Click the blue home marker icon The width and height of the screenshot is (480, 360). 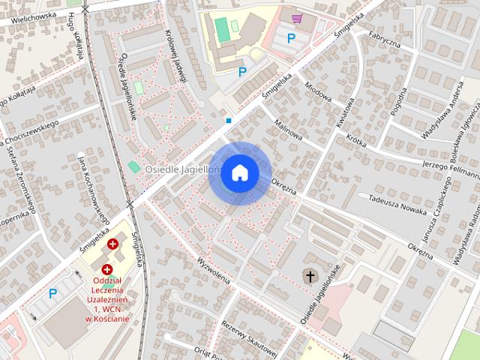pyautogui.click(x=240, y=172)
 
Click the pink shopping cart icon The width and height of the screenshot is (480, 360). pyautogui.click(x=297, y=18)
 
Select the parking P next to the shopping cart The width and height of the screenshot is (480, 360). pyautogui.click(x=292, y=37)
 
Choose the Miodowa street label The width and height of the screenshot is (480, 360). pyautogui.click(x=318, y=91)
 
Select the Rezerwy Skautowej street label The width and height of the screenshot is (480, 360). pyautogui.click(x=250, y=337)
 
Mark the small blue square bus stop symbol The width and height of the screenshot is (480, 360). pyautogui.click(x=229, y=120)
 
